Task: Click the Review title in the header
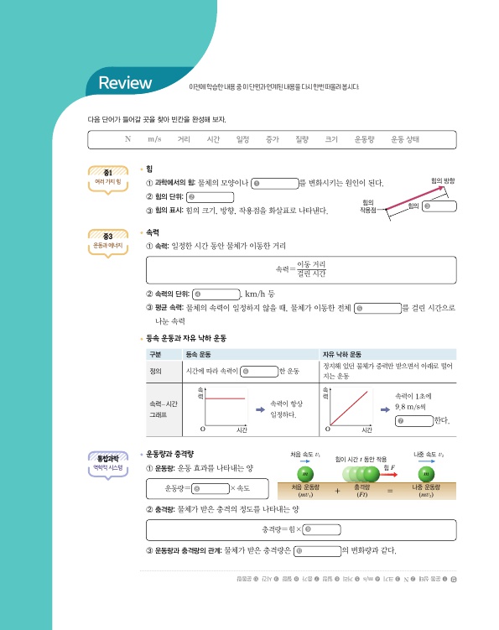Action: [x=125, y=84]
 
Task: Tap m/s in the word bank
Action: [x=154, y=139]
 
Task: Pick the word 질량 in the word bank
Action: [x=298, y=139]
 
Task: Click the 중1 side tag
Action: [x=108, y=177]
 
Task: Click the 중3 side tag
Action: [x=108, y=242]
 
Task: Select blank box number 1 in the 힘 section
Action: [x=274, y=182]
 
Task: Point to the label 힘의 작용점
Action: [x=366, y=206]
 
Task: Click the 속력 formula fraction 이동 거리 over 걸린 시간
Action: [x=310, y=269]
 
